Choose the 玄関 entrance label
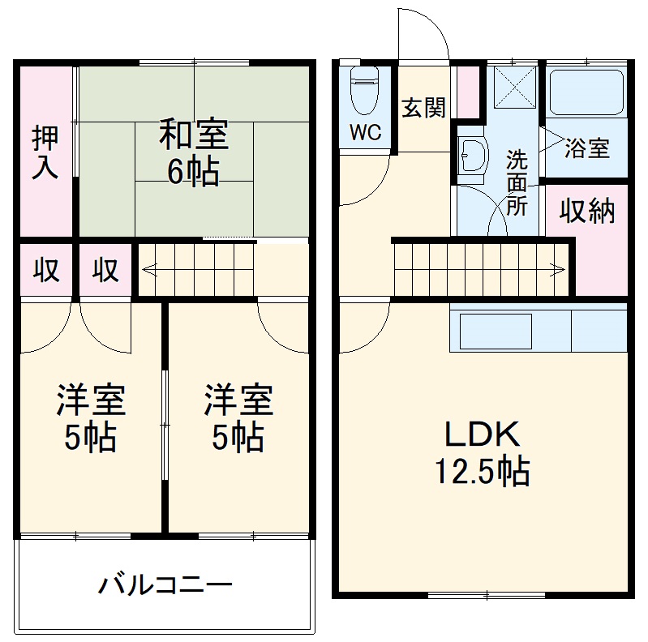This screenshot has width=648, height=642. pyautogui.click(x=424, y=107)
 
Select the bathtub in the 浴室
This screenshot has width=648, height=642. pyautogui.click(x=586, y=92)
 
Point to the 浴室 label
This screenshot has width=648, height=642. pyautogui.click(x=587, y=149)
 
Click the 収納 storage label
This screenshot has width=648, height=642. pyautogui.click(x=586, y=211)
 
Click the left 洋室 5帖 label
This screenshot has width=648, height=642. pyautogui.click(x=90, y=420)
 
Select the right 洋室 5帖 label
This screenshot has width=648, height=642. pyautogui.click(x=238, y=420)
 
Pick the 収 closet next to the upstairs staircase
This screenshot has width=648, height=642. pyautogui.click(x=105, y=270)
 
